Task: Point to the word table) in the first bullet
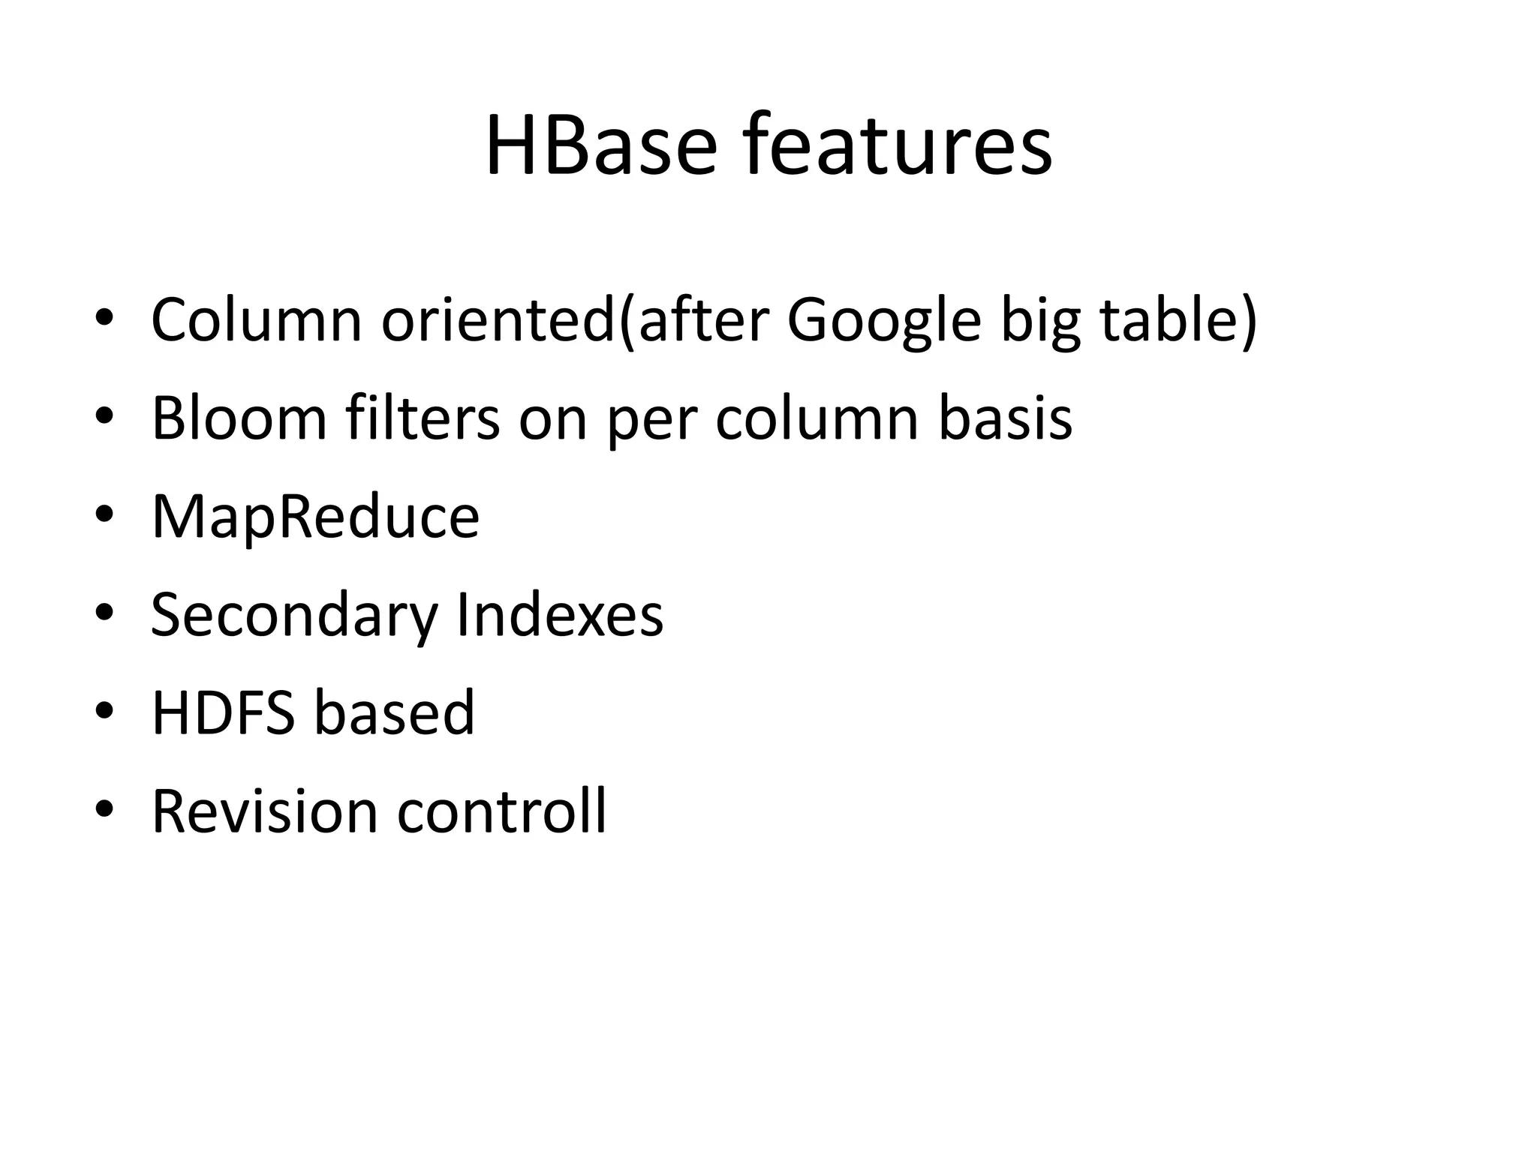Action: pyautogui.click(x=1178, y=320)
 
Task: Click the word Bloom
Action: pyautogui.click(x=239, y=418)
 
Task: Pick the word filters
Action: pyautogui.click(x=423, y=418)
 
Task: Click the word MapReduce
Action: pyautogui.click(x=315, y=517)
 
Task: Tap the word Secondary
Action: pyautogui.click(x=294, y=615)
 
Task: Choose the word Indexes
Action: pyautogui.click(x=560, y=615)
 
